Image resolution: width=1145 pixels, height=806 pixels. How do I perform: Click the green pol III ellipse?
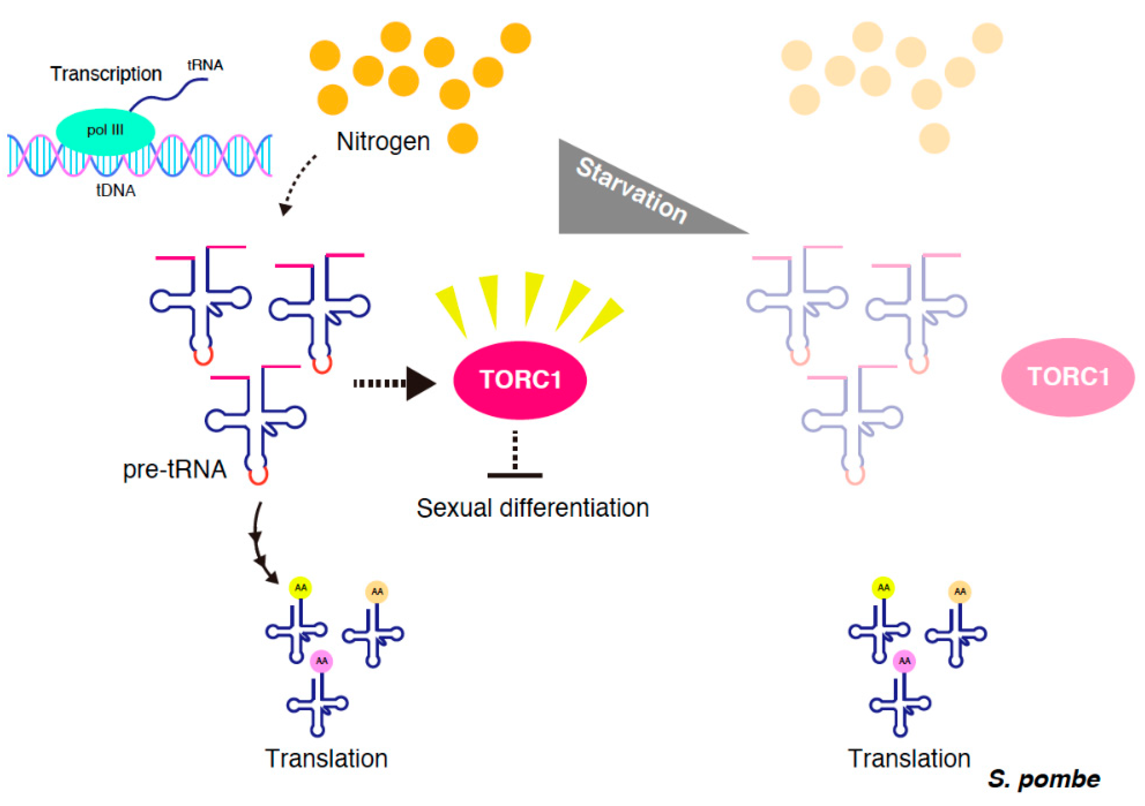point(105,131)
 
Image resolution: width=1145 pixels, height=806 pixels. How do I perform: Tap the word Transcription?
point(106,74)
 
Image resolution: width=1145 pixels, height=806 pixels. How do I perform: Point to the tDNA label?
point(116,190)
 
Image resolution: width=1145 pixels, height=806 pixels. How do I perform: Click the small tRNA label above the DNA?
point(205,65)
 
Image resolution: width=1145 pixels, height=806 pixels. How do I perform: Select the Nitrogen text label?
point(383,142)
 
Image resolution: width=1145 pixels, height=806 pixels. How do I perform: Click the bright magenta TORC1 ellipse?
point(520,380)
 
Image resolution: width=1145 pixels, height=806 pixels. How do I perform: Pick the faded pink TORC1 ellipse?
point(1068,377)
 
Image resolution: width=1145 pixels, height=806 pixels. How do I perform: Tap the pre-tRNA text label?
point(174,470)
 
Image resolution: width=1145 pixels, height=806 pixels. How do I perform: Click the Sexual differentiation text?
point(533,508)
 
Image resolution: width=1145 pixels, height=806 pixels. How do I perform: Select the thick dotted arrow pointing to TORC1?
point(394,383)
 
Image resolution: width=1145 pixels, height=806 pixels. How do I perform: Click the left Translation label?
point(326,759)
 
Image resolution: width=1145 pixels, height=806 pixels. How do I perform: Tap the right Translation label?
point(909,759)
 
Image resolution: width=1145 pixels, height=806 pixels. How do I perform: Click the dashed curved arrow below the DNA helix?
point(297,184)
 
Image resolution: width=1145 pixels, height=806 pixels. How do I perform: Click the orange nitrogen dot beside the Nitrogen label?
point(462,138)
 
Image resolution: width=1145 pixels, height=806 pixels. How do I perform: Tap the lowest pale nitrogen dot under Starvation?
point(934,138)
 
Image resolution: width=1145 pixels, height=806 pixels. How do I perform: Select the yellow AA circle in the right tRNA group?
point(883,588)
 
